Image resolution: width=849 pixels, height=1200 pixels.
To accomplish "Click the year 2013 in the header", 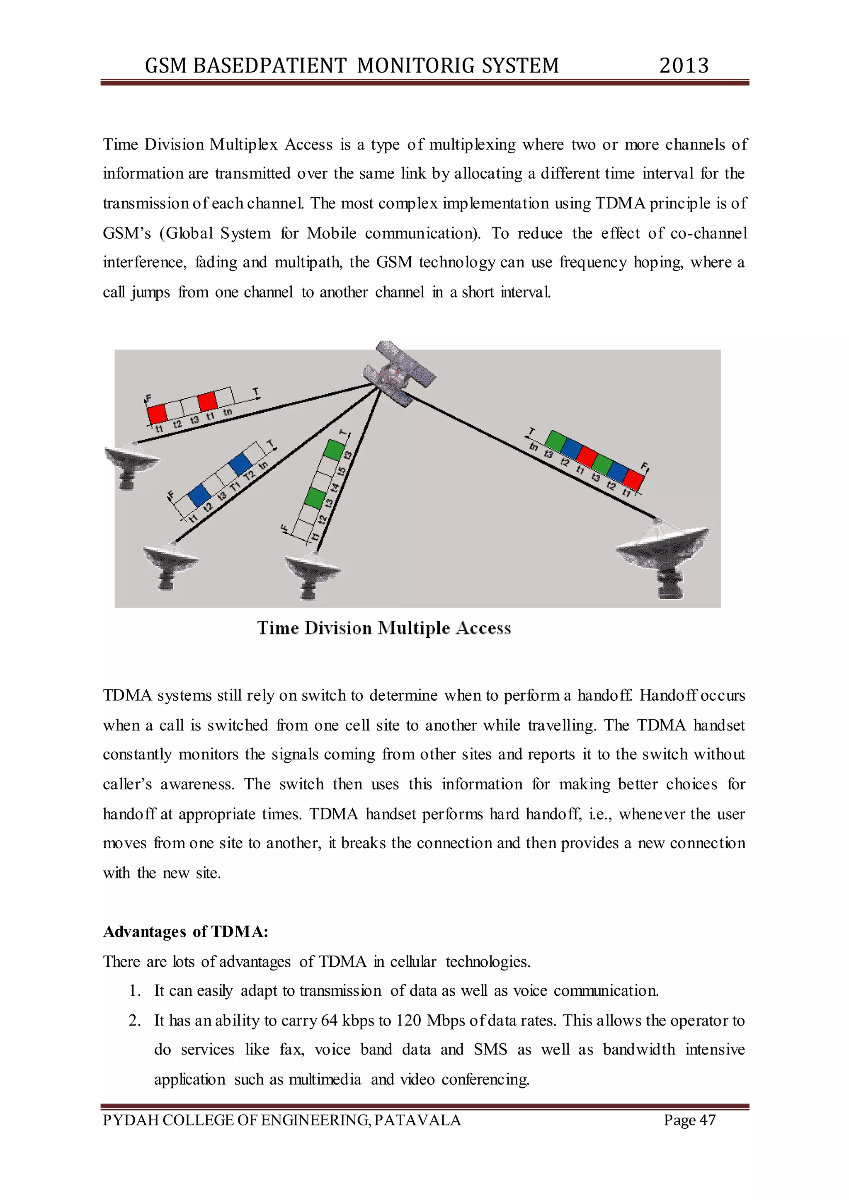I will [x=683, y=66].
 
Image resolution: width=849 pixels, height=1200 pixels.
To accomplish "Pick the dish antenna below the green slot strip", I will [x=312, y=573].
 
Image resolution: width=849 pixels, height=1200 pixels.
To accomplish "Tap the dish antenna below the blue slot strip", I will [x=170, y=564].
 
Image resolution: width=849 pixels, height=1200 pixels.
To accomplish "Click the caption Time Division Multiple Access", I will [x=384, y=628].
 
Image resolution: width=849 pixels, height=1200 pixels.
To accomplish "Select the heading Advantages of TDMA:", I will [x=186, y=932].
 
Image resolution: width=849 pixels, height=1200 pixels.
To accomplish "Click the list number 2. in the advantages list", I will [x=134, y=1021].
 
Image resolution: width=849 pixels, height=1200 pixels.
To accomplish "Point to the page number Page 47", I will [x=689, y=1120].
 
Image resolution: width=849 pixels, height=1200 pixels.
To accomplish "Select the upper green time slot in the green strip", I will [x=334, y=450].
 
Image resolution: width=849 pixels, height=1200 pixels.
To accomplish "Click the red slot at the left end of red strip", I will [x=157, y=414].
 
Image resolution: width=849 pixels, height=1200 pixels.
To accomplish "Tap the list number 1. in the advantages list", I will [x=134, y=991].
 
